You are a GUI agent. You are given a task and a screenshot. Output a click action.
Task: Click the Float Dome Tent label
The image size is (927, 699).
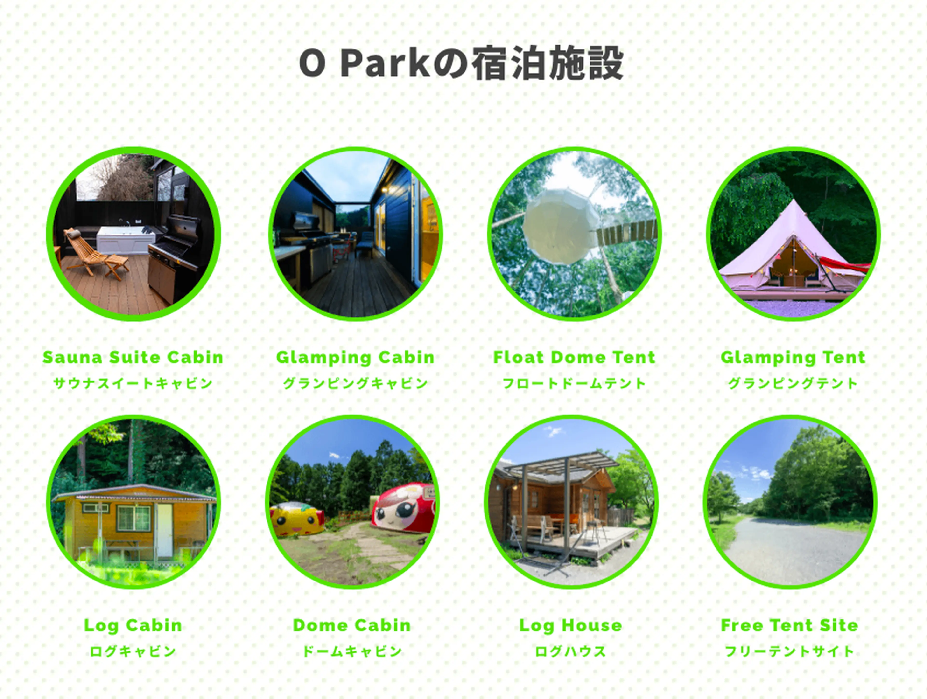coord(574,357)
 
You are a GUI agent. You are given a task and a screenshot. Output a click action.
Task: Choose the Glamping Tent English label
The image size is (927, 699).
coord(793,358)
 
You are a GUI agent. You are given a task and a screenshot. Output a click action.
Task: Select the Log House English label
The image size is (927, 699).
coord(571,626)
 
